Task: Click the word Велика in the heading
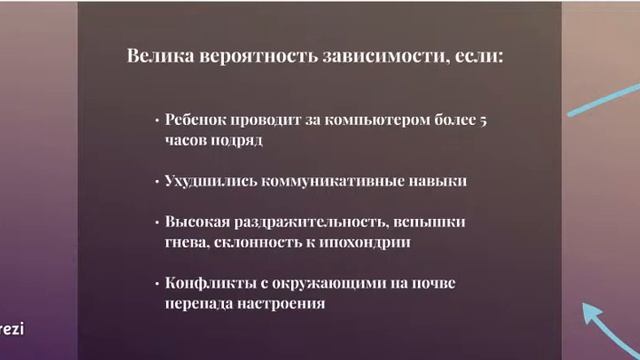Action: tap(157, 56)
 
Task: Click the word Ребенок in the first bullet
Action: tap(199, 120)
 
